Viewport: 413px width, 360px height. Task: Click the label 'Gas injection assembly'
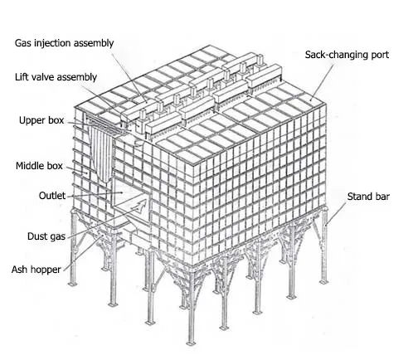pyautogui.click(x=64, y=42)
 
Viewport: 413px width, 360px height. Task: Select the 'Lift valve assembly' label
pyautogui.click(x=56, y=76)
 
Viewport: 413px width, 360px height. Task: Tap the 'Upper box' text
pyautogui.click(x=42, y=120)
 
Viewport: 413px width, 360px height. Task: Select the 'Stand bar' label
pyautogui.click(x=368, y=197)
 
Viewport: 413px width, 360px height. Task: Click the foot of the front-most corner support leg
pyautogui.click(x=190, y=341)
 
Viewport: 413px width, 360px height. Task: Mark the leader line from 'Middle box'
pyautogui.click(x=75, y=171)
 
